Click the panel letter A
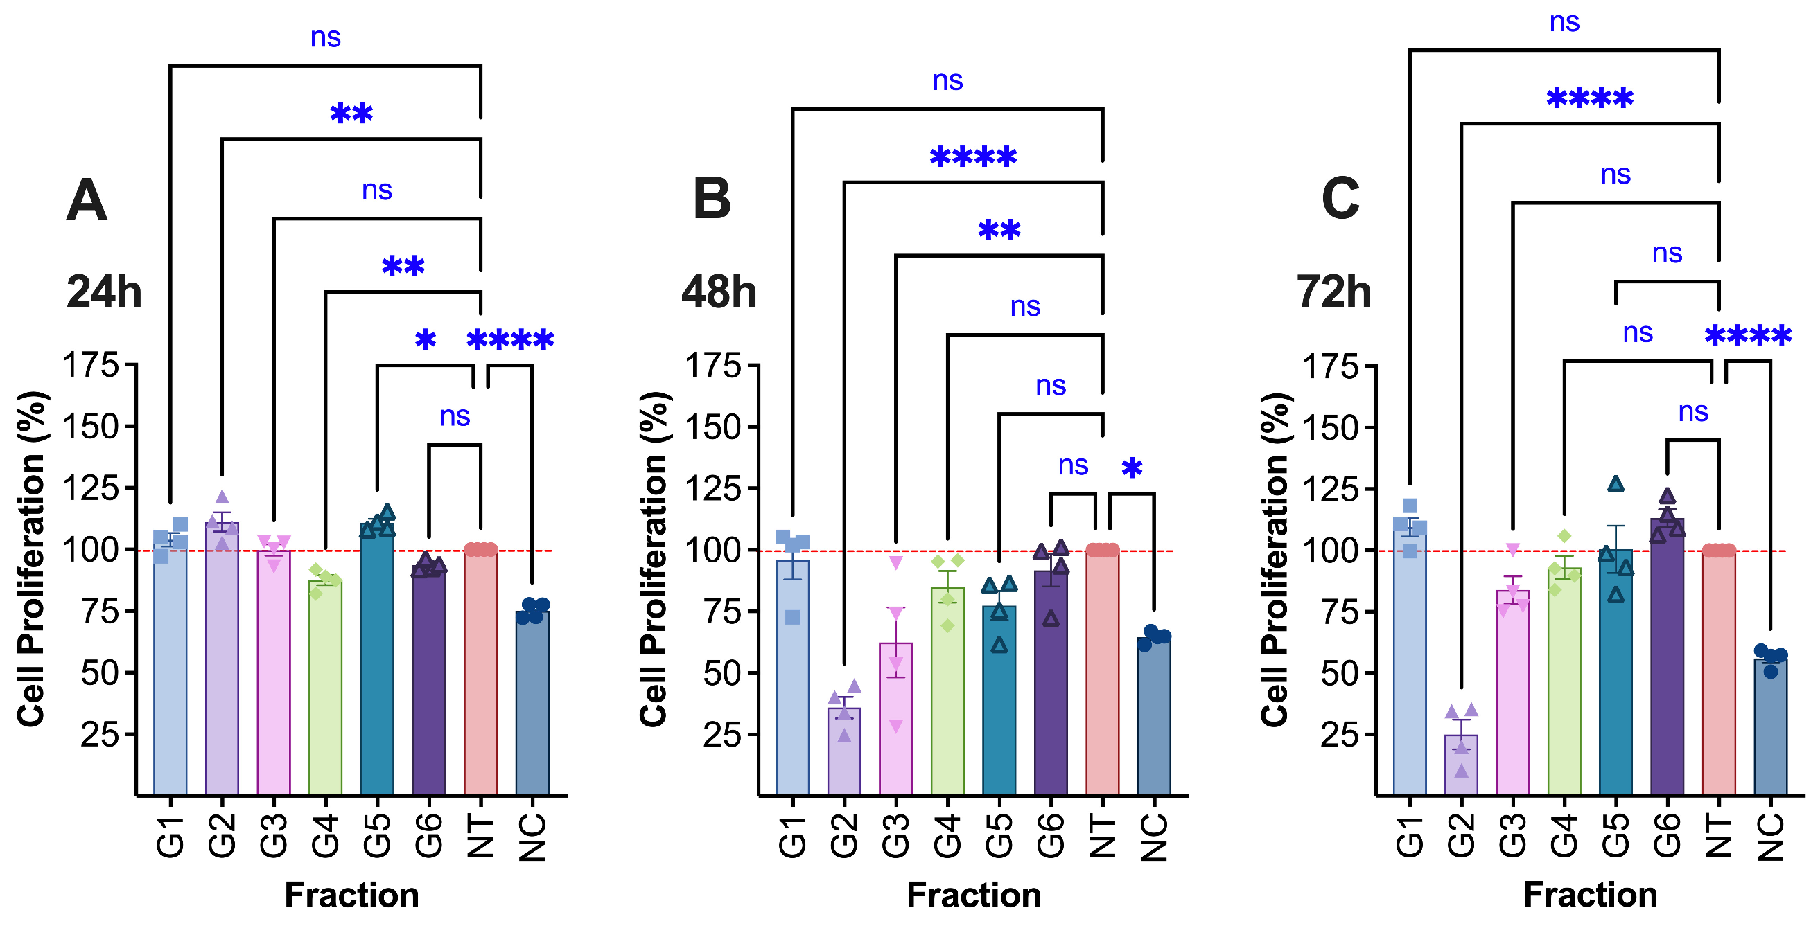pyautogui.click(x=86, y=201)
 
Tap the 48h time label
pyautogui.click(x=719, y=292)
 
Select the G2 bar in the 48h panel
pyautogui.click(x=843, y=751)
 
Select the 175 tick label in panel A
pyautogui.click(x=91, y=366)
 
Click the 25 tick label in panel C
pyautogui.click(x=1339, y=735)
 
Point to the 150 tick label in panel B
pyautogui.click(x=713, y=427)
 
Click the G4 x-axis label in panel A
pyautogui.click(x=326, y=836)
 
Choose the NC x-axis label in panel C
pyautogui.click(x=1771, y=837)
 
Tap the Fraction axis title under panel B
pyautogui.click(x=974, y=895)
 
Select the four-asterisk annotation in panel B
pyautogui.click(x=974, y=156)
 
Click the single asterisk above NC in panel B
pyautogui.click(x=1132, y=467)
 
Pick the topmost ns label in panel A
pyautogui.click(x=326, y=37)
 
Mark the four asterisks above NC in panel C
pyautogui.click(x=1748, y=335)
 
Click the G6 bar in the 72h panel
pyautogui.click(x=1667, y=657)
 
